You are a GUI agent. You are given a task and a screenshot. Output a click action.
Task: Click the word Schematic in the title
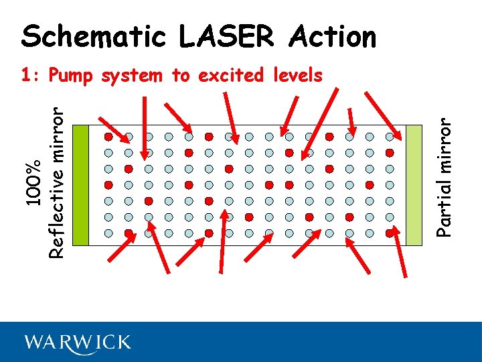tap(94, 37)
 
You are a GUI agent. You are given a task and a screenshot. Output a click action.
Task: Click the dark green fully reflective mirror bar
tap(80, 184)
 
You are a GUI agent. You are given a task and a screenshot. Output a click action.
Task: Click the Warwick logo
tap(78, 343)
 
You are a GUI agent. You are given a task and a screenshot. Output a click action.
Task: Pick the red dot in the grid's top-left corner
tap(108, 136)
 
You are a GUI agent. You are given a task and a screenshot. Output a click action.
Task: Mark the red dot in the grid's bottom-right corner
tap(390, 233)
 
